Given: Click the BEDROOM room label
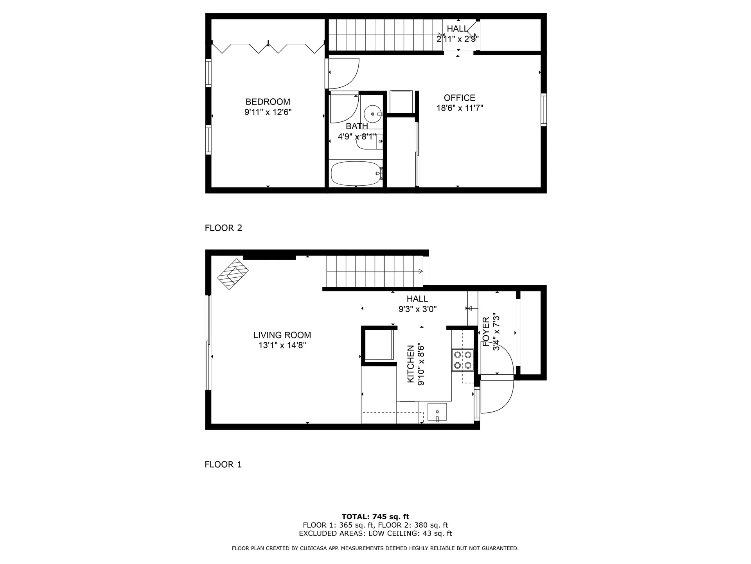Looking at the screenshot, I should coord(268,102).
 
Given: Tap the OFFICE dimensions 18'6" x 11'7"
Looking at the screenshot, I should coord(460,108).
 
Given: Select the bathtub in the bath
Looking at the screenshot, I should coord(356,174).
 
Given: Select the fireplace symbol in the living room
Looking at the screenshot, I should coord(233,274).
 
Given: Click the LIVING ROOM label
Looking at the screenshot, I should coord(282,335).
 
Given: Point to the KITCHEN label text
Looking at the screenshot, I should coord(411,364).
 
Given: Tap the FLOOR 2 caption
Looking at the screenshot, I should coord(223,228).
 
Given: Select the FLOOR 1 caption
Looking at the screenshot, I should coord(223,465).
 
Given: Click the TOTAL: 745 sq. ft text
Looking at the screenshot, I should coord(375,517).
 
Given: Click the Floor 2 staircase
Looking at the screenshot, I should coord(385,34).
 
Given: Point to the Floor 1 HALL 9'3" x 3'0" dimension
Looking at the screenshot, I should coord(417,309).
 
